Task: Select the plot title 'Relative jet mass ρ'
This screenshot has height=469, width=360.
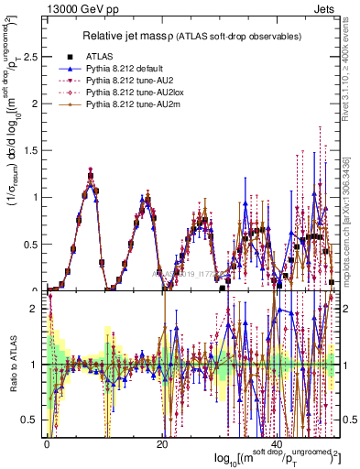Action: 147,36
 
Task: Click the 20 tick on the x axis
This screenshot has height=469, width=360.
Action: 161,442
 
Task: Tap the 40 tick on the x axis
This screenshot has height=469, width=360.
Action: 277,442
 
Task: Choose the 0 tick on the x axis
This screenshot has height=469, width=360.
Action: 47,442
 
